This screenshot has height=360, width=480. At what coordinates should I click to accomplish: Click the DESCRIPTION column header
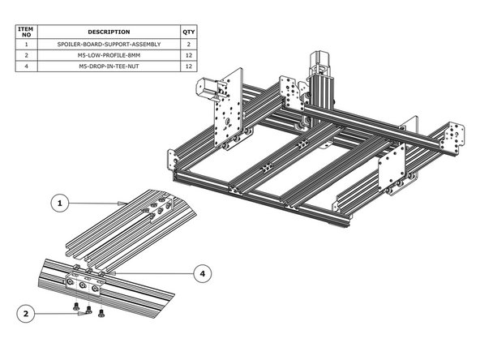click(x=108, y=32)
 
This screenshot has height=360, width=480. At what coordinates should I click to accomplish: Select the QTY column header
click(x=189, y=32)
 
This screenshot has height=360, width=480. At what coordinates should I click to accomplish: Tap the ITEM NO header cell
click(x=26, y=32)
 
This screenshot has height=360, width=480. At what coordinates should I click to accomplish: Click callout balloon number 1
click(x=61, y=204)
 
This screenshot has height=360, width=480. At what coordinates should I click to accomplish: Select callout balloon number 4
click(x=203, y=273)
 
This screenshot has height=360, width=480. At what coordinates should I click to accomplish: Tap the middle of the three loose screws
click(x=89, y=311)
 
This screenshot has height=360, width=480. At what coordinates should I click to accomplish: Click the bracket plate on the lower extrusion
click(x=84, y=284)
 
